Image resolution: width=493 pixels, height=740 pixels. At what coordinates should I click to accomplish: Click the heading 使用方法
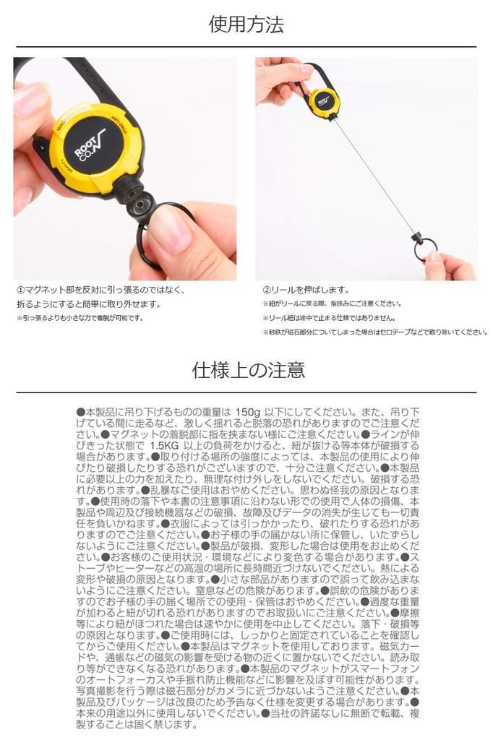246,25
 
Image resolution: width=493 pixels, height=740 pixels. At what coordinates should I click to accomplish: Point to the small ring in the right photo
425,249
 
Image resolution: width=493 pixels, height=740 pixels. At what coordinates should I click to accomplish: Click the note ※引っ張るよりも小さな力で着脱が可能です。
80,318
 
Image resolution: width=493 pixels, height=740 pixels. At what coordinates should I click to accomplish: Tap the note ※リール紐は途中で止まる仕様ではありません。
329,318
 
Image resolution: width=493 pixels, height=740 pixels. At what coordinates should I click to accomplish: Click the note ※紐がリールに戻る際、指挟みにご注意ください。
332,304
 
